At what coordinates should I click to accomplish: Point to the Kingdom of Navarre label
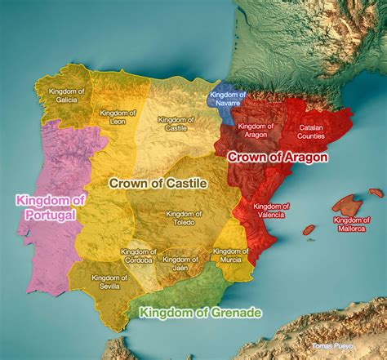click(228, 99)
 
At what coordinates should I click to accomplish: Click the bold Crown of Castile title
click(158, 184)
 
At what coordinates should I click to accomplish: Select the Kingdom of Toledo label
click(185, 218)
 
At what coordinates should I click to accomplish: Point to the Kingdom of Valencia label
click(269, 211)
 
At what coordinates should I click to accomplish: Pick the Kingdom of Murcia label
click(230, 256)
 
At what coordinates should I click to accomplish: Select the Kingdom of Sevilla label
click(106, 281)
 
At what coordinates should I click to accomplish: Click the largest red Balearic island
click(352, 203)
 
